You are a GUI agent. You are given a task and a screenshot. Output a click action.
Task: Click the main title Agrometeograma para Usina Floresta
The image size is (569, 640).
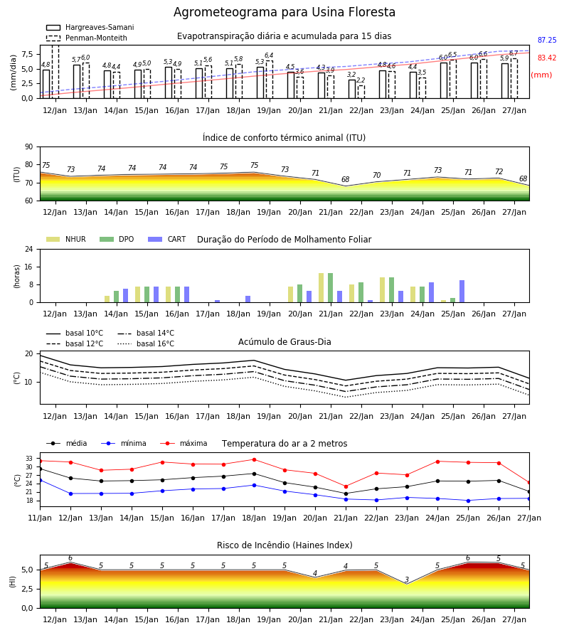click(x=284, y=12)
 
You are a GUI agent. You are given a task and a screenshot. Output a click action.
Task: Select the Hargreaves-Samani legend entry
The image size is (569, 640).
click(x=90, y=27)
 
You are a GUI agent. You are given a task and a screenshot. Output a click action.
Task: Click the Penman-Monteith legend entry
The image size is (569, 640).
click(x=87, y=38)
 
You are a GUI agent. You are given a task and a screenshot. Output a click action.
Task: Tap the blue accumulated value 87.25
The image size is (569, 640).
click(x=547, y=40)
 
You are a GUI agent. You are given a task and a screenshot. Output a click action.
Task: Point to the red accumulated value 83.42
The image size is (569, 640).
click(x=547, y=58)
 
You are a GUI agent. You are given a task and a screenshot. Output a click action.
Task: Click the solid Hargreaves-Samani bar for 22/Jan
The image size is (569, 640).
click(x=352, y=89)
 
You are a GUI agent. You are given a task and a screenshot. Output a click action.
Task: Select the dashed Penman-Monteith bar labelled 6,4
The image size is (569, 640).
click(x=270, y=79)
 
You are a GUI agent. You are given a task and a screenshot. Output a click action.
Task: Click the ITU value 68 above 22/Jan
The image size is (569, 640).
click(x=346, y=179)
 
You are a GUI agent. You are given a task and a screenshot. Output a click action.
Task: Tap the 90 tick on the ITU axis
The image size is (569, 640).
click(x=29, y=147)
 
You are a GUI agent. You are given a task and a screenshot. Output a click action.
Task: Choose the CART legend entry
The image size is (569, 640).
click(x=167, y=239)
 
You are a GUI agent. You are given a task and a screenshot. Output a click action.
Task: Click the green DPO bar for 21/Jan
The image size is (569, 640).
click(x=330, y=288)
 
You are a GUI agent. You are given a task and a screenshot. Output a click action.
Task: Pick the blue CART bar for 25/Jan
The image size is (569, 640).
click(x=462, y=292)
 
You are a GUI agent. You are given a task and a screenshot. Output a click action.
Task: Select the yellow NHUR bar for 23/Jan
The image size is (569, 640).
click(x=383, y=290)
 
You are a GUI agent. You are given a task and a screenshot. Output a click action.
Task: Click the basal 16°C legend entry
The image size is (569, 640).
click(x=146, y=343)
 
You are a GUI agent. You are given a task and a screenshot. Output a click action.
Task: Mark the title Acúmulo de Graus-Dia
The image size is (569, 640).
click(x=284, y=341)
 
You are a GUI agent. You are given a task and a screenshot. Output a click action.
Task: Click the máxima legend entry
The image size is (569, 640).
click(x=184, y=443)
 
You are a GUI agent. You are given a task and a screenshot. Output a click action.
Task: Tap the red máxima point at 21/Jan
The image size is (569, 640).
click(x=346, y=486)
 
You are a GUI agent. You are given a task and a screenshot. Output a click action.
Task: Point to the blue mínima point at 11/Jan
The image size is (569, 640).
click(x=41, y=481)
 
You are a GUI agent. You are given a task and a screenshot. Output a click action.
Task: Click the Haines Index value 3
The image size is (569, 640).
click(x=407, y=580)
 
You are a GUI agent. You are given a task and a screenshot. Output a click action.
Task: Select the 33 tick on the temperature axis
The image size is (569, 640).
click(x=29, y=459)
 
